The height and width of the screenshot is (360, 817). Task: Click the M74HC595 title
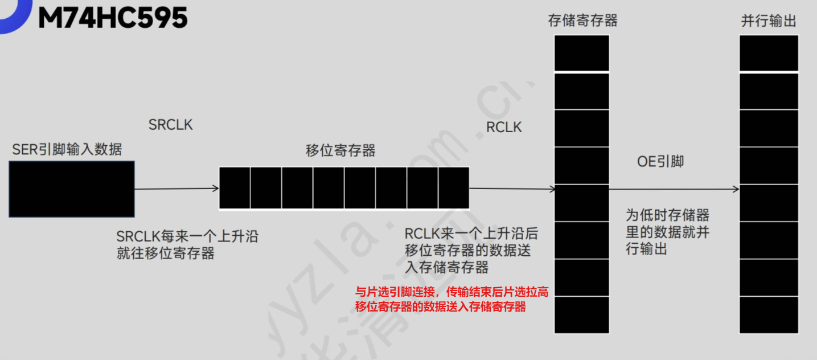coord(112,18)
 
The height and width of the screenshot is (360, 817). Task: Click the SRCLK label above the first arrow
coord(170,125)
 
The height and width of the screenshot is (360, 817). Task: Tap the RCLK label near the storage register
coord(503,127)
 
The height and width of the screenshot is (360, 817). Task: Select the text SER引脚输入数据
coord(67,150)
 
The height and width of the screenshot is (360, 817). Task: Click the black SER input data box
coord(72,189)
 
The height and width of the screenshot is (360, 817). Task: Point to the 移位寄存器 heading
coord(340,151)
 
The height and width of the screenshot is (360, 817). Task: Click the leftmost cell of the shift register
coord(235,188)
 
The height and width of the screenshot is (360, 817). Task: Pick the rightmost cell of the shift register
coord(454,188)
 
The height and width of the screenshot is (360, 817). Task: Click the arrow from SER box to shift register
coord(176,189)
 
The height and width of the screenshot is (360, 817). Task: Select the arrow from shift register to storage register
coord(512,189)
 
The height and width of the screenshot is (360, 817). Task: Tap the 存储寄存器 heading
coord(582,22)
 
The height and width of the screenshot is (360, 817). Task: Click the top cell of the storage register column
coord(582,54)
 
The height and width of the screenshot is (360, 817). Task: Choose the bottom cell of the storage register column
coord(582,314)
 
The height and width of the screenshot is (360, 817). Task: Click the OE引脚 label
coord(660,162)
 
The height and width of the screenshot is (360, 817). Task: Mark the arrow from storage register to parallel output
coord(674,189)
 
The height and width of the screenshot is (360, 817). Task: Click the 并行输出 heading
coord(769,22)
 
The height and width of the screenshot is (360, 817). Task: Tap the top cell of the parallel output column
coord(769,54)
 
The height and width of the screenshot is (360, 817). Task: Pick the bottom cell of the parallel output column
coord(769,314)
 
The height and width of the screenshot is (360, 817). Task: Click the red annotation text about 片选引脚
coord(451,300)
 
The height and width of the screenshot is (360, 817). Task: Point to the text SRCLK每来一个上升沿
coord(187,236)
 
